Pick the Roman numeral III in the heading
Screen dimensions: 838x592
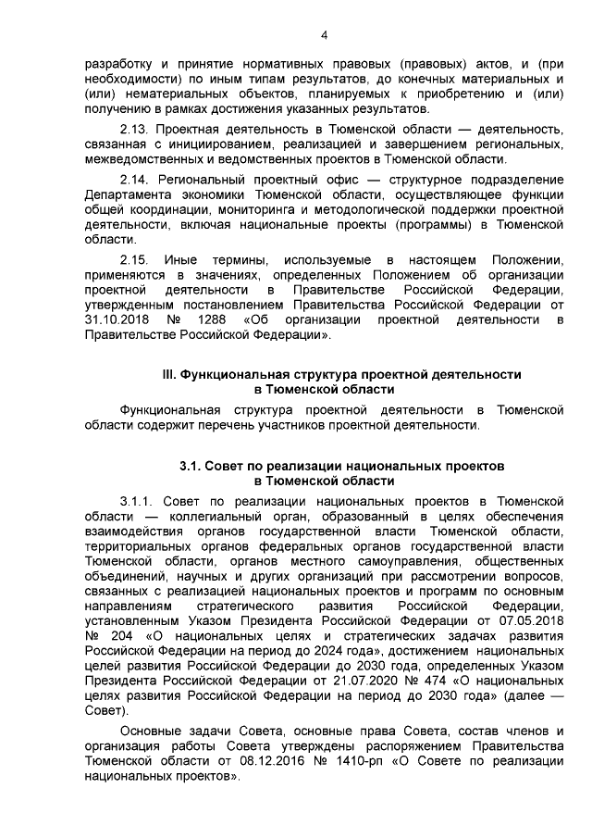168,374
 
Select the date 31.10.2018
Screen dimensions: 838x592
114,319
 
